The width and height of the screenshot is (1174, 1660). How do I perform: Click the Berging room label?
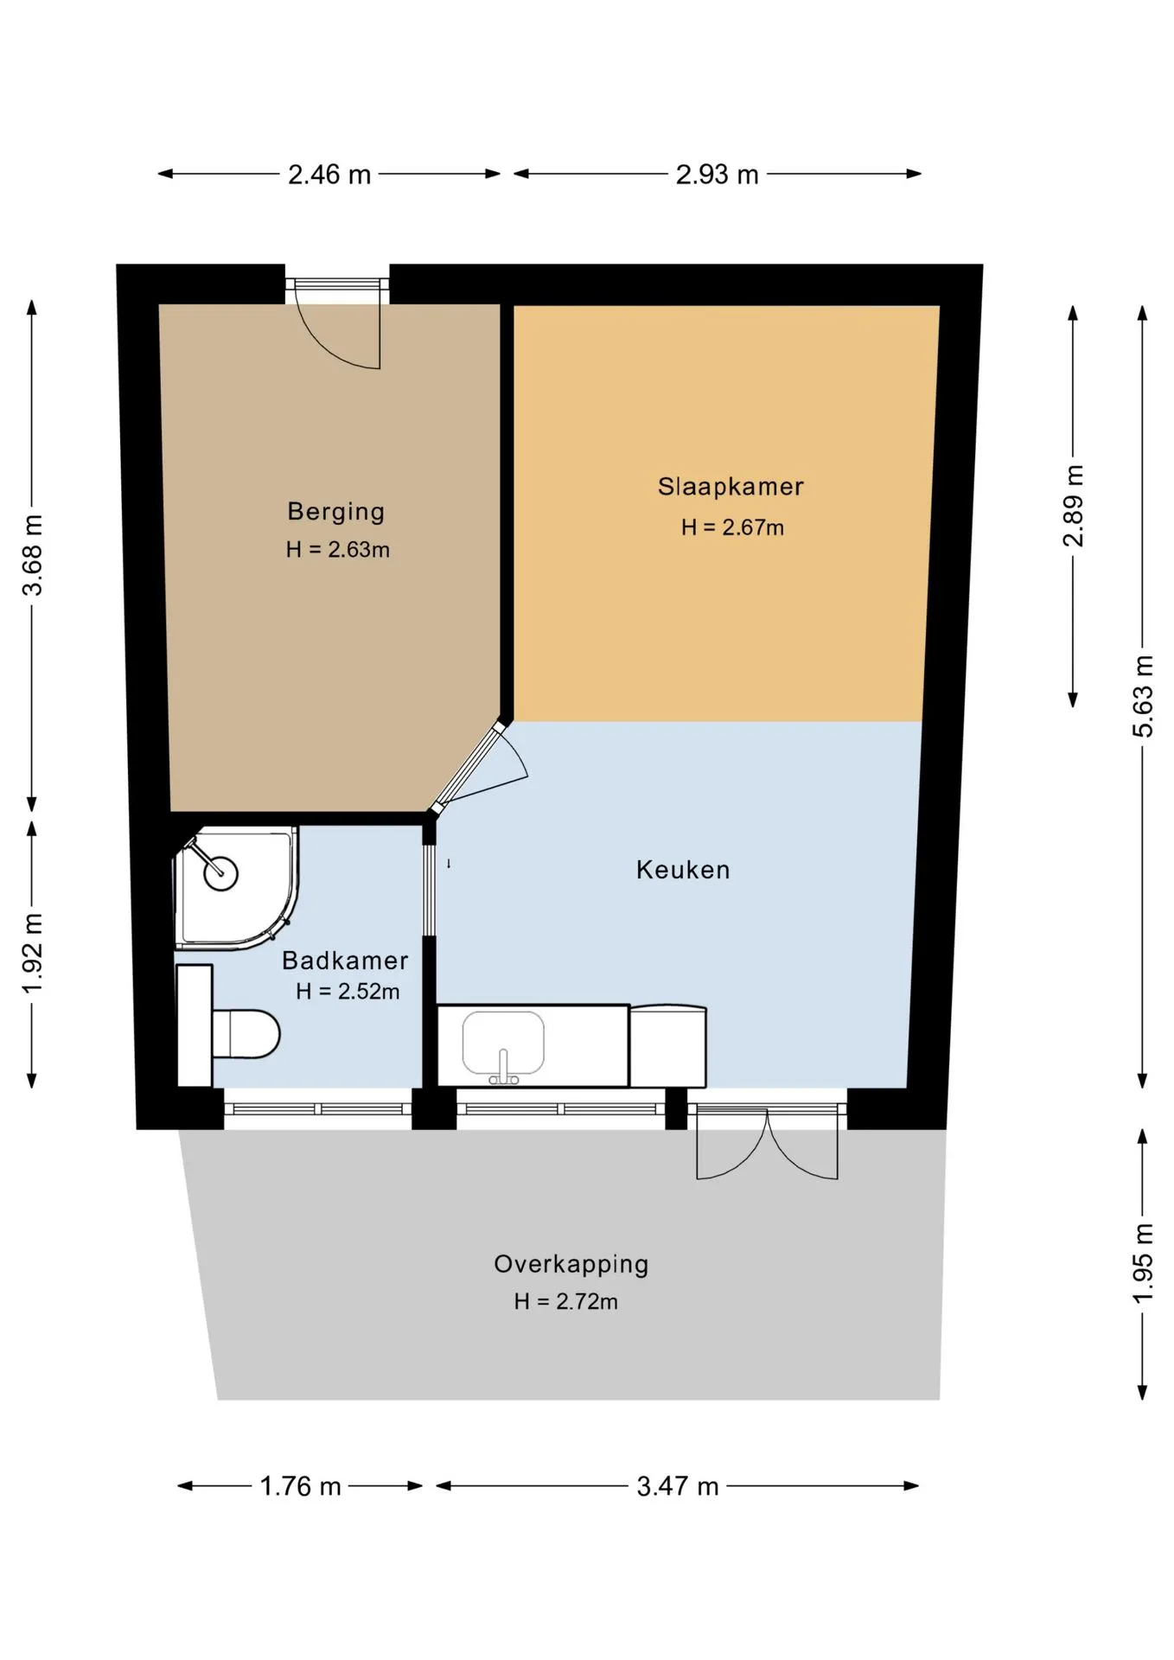pos(336,511)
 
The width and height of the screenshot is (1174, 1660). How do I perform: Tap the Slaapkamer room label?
pos(731,486)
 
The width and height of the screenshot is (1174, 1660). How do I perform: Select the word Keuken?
pos(683,869)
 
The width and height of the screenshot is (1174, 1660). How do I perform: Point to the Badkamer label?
pos(345,960)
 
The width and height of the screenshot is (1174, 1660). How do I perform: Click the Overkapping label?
pos(571,1264)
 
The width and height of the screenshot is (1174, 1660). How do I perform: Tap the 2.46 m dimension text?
pos(329,175)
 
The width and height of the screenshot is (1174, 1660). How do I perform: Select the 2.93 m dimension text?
pos(717,175)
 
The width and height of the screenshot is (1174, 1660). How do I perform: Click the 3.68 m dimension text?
pos(33,555)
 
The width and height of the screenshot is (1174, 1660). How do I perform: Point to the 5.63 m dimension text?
pos(1143,696)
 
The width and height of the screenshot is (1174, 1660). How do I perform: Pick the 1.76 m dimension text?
pos(301,1486)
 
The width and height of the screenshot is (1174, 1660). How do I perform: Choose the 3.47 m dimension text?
pos(678,1486)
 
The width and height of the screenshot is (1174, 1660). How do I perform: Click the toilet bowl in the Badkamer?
pos(246,1033)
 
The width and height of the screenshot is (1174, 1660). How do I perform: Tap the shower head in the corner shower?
pos(220,872)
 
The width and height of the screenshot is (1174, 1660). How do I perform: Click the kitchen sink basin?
pos(503,1044)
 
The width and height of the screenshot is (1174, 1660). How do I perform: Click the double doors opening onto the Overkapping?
pos(768,1143)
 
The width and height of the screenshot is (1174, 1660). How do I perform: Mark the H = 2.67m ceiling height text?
pos(732,527)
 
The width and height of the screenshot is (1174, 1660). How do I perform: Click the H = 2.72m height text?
pos(565,1301)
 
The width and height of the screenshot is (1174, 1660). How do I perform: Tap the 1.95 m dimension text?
pos(1143,1264)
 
